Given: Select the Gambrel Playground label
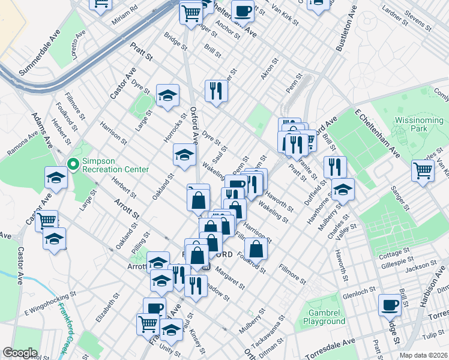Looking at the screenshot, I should (x=327, y=317).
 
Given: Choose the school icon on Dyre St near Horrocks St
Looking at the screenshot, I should (x=168, y=94).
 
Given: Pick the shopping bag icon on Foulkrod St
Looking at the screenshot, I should (x=256, y=247).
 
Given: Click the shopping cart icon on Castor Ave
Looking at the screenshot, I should (x=46, y=220).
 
